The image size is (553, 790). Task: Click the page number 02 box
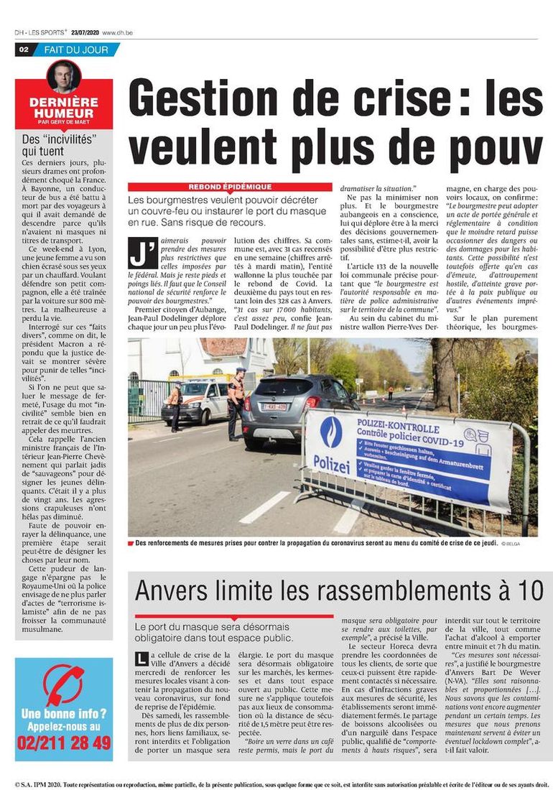pyautogui.click(x=24, y=50)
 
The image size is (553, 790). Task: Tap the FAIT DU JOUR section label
pyautogui.click(x=76, y=50)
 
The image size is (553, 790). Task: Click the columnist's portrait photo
pyautogui.click(x=64, y=76)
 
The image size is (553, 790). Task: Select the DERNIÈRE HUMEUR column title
pyautogui.click(x=64, y=108)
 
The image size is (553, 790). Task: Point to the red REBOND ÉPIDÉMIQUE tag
pyautogui.click(x=230, y=186)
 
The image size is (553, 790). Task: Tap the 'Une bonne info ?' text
pyautogui.click(x=64, y=715)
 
